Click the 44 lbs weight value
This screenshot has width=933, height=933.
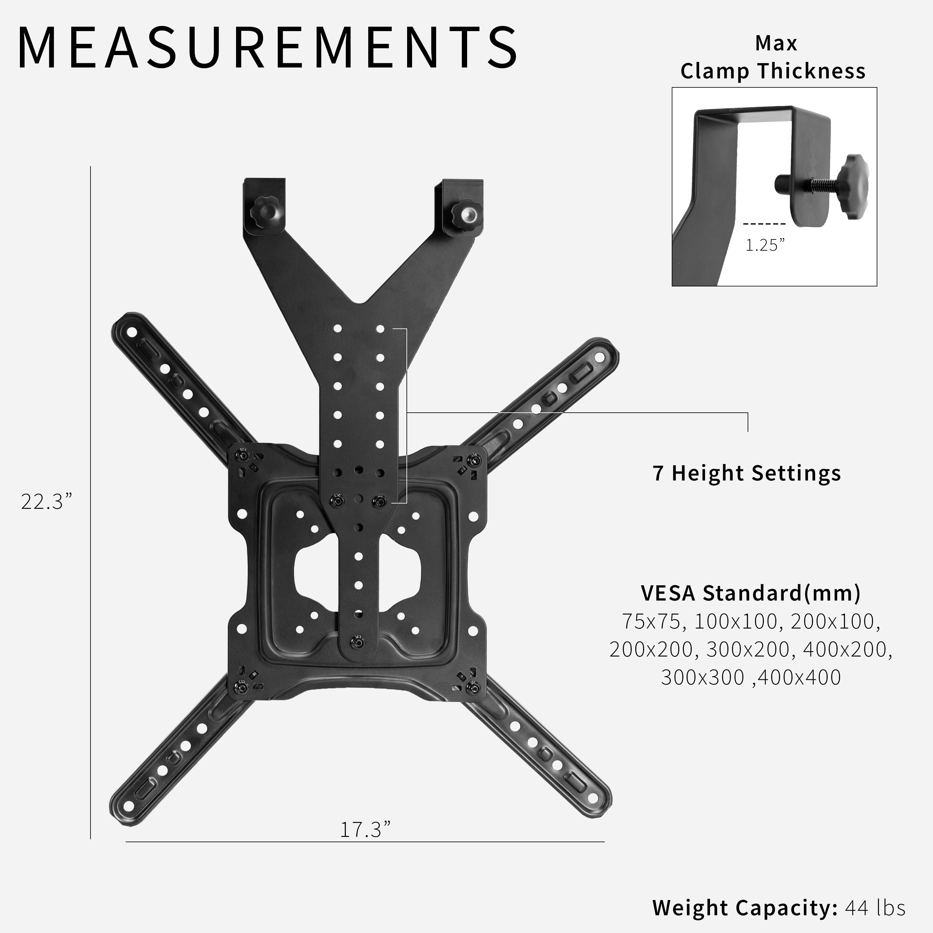[875, 907]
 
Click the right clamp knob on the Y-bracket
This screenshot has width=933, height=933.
[466, 211]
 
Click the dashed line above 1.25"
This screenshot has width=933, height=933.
[764, 224]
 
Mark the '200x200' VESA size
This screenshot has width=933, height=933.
[651, 650]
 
